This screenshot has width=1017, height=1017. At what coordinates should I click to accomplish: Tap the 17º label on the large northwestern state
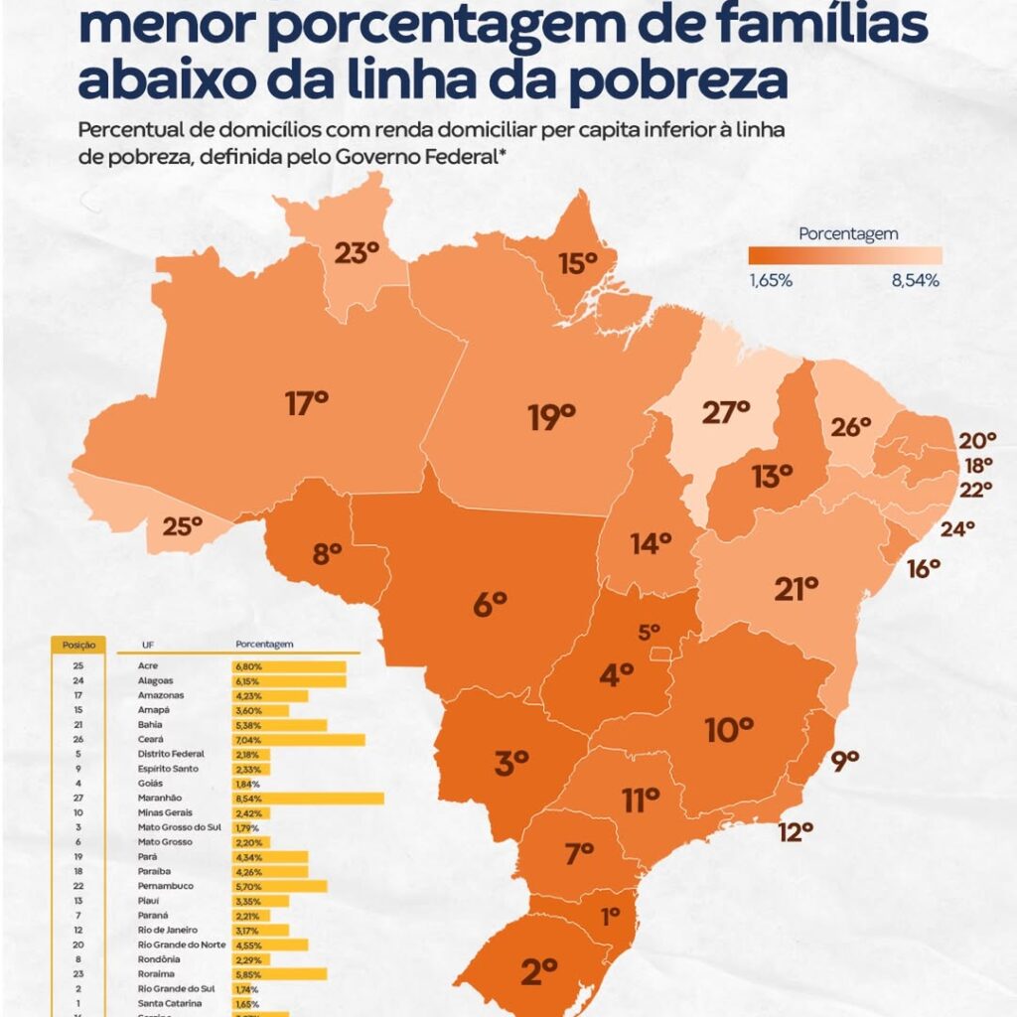[306, 403]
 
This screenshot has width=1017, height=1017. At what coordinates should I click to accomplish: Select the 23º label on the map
[355, 253]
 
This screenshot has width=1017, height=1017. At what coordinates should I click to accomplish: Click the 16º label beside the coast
[923, 568]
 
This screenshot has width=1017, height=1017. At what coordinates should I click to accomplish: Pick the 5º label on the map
[650, 631]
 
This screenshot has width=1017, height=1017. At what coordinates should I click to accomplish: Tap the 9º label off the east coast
[844, 763]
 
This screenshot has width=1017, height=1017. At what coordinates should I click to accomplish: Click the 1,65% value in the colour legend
[771, 281]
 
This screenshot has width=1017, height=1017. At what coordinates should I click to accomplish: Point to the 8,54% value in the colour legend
[915, 281]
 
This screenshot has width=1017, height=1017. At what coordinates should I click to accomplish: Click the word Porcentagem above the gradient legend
[848, 234]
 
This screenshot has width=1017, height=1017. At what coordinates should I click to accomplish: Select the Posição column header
[78, 645]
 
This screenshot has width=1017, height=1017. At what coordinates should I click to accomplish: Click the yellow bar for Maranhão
[308, 799]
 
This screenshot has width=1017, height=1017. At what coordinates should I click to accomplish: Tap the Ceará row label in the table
[150, 740]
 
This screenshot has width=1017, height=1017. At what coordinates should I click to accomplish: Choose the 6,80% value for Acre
[249, 666]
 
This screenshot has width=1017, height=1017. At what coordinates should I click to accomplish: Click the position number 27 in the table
[77, 799]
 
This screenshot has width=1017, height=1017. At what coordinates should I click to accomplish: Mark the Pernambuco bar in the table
[279, 885]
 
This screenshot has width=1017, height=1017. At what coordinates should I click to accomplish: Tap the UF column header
[148, 645]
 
